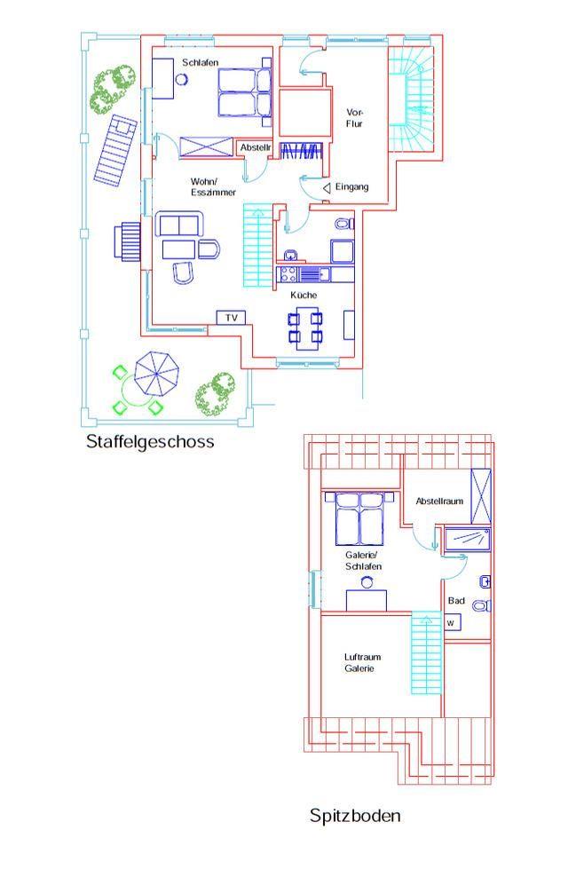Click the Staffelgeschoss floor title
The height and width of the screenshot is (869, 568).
150,442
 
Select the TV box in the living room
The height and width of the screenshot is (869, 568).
231,318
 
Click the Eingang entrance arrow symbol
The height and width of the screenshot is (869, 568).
327,188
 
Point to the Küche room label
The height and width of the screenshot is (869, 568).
304,295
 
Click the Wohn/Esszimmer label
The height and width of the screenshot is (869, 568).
213,186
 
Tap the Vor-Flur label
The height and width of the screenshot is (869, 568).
355,118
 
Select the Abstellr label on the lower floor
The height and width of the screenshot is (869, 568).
256,148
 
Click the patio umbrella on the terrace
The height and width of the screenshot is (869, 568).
157,374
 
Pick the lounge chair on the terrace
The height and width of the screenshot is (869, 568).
115,148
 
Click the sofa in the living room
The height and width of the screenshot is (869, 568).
179,223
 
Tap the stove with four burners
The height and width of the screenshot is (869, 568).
288,273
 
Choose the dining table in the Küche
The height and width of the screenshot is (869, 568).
306,328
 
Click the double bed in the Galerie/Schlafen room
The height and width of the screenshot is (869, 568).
359,518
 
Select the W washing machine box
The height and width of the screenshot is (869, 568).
453,622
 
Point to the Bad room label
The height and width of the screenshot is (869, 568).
456,601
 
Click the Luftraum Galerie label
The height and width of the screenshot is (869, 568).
362,663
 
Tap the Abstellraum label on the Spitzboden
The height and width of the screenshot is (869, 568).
439,501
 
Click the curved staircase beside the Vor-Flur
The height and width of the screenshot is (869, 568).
411,99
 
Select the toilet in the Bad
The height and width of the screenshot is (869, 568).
482,605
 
